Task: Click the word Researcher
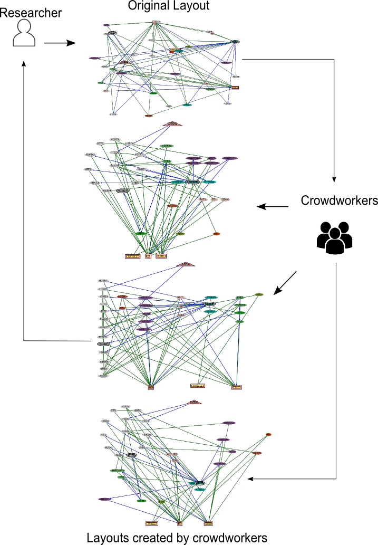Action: [x=31, y=12]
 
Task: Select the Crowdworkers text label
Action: [x=339, y=201]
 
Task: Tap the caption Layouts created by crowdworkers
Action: [x=177, y=538]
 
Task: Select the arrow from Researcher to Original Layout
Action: [x=60, y=43]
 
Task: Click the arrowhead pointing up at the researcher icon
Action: [x=24, y=64]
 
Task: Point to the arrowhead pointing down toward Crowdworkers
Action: [x=334, y=178]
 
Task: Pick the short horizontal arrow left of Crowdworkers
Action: [x=273, y=207]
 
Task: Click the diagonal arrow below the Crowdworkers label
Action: [x=285, y=283]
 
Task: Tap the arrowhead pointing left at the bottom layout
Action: [x=252, y=479]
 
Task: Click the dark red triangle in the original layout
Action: [x=124, y=62]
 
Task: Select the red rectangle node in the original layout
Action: [x=235, y=88]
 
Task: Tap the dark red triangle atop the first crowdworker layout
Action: [x=172, y=124]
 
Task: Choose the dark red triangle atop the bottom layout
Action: [x=195, y=403]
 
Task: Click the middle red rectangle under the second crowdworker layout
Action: [x=197, y=386]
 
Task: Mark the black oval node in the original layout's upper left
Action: [x=112, y=33]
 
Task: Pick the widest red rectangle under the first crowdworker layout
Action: [x=133, y=256]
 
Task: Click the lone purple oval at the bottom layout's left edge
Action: [x=104, y=499]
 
